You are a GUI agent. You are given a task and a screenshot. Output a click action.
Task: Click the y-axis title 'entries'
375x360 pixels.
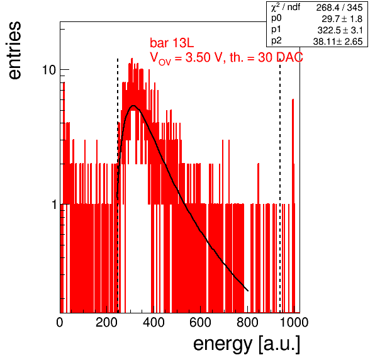point(15,50)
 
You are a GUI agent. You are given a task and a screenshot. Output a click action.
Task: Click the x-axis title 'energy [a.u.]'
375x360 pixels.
point(247,344)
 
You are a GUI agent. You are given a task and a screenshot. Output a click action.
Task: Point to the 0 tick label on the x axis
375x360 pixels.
point(60,322)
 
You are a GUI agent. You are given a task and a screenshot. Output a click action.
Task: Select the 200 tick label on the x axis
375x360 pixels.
point(107,322)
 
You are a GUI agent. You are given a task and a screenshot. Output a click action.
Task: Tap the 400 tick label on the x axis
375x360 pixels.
point(154,322)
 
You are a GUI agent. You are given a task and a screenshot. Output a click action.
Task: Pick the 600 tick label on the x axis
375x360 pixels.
point(201,322)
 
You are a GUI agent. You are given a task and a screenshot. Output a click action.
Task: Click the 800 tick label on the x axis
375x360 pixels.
point(247,322)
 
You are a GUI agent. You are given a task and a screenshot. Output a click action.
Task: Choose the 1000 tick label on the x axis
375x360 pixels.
point(294,322)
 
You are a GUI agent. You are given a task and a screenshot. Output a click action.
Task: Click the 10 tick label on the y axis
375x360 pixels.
point(49,70)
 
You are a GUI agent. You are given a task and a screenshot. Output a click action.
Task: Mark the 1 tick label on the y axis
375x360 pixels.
point(54,205)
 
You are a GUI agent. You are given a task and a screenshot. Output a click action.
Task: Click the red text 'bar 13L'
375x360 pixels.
point(172,43)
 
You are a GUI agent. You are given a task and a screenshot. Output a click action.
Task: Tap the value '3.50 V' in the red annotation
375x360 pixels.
point(204,57)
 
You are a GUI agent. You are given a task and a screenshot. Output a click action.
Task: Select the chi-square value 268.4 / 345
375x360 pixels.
point(339,8)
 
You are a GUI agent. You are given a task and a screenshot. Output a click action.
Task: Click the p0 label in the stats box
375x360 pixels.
point(276,18)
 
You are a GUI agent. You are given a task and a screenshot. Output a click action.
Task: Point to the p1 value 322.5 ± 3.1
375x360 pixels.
point(340,30)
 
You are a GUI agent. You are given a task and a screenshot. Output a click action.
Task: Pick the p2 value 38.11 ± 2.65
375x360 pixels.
point(338,42)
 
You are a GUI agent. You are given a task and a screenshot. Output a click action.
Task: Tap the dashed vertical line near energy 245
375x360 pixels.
point(118,186)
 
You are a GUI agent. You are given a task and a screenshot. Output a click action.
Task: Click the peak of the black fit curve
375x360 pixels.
point(133,106)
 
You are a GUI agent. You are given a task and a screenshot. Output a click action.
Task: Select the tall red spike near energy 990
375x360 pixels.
point(293,206)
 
